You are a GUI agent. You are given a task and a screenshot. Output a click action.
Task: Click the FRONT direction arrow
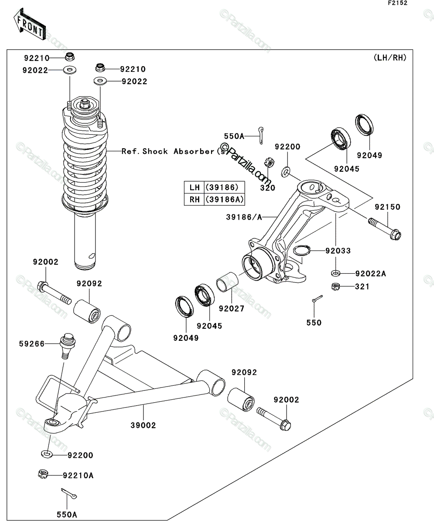[30, 24]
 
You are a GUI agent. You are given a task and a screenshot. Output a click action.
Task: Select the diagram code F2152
[398, 3]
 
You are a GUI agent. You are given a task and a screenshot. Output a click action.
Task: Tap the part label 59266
[31, 344]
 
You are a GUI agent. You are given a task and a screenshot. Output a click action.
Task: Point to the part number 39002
[143, 425]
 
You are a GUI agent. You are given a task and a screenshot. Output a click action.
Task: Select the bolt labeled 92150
[385, 228]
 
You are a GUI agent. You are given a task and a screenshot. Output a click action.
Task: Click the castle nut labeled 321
[335, 286]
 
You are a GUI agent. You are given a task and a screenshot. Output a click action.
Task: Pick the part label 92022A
[371, 274]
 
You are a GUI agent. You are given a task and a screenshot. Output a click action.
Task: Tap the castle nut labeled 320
[269, 163]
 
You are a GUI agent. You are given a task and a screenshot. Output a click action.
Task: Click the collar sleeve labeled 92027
[227, 282]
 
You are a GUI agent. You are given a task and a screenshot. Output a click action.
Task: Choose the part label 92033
[338, 251]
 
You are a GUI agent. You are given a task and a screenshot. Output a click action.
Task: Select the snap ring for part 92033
[301, 250]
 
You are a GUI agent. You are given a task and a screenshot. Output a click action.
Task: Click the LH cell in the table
[194, 187]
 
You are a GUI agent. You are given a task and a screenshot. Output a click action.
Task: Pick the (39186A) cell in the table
[224, 199]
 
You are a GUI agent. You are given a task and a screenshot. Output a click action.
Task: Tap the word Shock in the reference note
[155, 151]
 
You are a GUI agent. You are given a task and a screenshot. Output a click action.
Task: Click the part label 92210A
[78, 475]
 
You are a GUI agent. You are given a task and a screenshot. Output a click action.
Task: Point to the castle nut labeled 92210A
[43, 474]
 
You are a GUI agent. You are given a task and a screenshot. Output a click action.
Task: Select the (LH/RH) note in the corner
[390, 58]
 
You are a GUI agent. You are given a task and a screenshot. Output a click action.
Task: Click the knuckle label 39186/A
[244, 217]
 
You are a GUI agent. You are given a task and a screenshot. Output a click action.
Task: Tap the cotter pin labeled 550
[318, 299]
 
